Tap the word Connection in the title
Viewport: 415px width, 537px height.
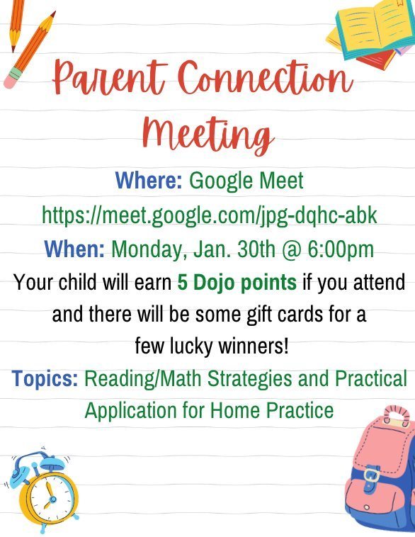point(266,77)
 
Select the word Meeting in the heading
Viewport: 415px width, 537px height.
point(208,135)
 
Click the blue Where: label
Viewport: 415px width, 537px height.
point(149,180)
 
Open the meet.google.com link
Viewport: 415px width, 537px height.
point(209,215)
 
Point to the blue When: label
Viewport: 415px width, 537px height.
point(74,249)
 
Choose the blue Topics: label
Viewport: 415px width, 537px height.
point(45,379)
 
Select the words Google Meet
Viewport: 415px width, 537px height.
point(246,181)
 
